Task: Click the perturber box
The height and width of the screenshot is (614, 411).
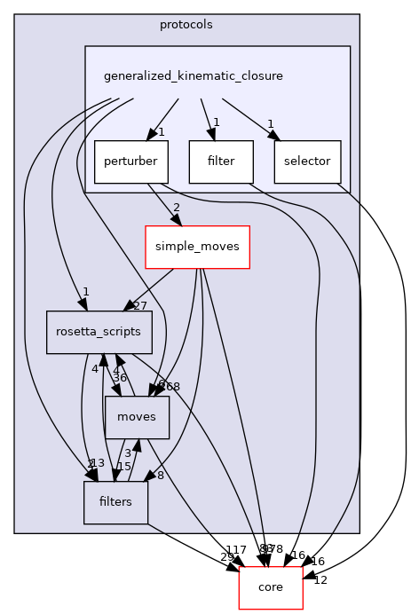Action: (126, 161)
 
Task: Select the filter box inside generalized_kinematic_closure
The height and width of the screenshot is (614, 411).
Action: (220, 161)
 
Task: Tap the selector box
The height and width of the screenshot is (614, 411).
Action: (307, 161)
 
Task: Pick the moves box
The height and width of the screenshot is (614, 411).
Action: (137, 417)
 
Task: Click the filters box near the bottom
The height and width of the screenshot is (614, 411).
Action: (115, 501)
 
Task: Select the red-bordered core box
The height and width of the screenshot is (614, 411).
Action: (271, 587)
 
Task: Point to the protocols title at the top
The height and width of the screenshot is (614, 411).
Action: (186, 25)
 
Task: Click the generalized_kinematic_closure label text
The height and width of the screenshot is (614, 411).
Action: (194, 76)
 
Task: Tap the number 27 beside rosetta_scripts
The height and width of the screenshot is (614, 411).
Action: (138, 305)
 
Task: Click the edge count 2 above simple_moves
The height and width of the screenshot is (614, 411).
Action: (176, 207)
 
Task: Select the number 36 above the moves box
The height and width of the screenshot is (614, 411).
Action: (119, 377)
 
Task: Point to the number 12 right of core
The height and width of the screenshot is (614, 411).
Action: (320, 580)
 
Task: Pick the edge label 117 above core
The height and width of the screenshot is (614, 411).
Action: (236, 550)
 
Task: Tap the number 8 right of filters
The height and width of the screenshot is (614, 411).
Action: (160, 476)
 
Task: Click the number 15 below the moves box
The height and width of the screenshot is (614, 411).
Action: (124, 467)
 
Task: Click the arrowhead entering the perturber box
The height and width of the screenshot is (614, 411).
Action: (155, 134)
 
